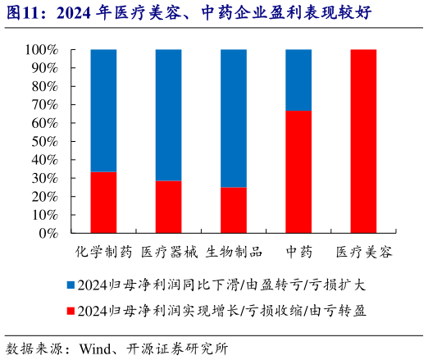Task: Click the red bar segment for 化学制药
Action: [x=102, y=203]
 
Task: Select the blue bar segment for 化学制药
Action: [x=102, y=110]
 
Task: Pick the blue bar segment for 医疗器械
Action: [x=168, y=115]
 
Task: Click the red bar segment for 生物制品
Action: [x=234, y=210]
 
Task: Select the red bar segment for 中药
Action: [x=298, y=172]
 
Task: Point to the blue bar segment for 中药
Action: [x=298, y=80]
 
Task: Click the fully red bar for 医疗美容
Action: [x=363, y=141]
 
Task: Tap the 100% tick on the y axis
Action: [x=41, y=50]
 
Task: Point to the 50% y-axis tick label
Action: [x=44, y=141]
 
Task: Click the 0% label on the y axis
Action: [x=48, y=233]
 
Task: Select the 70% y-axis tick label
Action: [x=44, y=105]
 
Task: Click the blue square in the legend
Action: [x=71, y=285]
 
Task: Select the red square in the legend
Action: [x=71, y=311]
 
